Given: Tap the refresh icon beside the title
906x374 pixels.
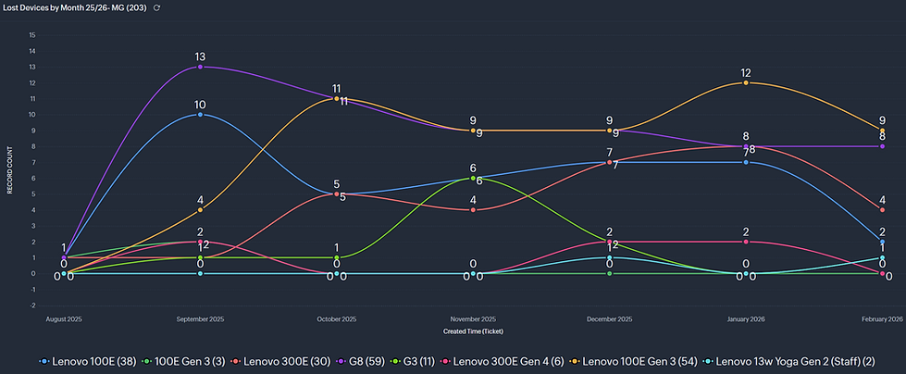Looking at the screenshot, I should (x=157, y=7).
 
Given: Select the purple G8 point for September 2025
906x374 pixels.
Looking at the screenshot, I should (x=200, y=67).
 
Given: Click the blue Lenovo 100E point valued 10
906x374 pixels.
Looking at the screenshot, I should (x=200, y=115).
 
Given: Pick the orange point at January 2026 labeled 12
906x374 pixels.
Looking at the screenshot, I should (x=746, y=82).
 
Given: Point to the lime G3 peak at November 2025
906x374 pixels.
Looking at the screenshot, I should (x=473, y=178).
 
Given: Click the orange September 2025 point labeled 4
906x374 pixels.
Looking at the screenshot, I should (x=200, y=210).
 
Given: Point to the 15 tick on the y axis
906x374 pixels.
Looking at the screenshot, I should (x=32, y=35).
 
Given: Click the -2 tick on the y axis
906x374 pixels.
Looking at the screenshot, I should (x=32, y=305).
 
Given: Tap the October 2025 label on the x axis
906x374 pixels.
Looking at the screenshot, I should (x=337, y=318).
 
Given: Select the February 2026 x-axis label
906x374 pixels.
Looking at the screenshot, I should (x=882, y=318).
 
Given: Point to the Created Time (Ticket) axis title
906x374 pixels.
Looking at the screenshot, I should (x=473, y=330).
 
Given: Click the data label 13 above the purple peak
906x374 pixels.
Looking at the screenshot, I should (x=200, y=56).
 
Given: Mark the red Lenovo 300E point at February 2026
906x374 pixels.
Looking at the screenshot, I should (x=882, y=210).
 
